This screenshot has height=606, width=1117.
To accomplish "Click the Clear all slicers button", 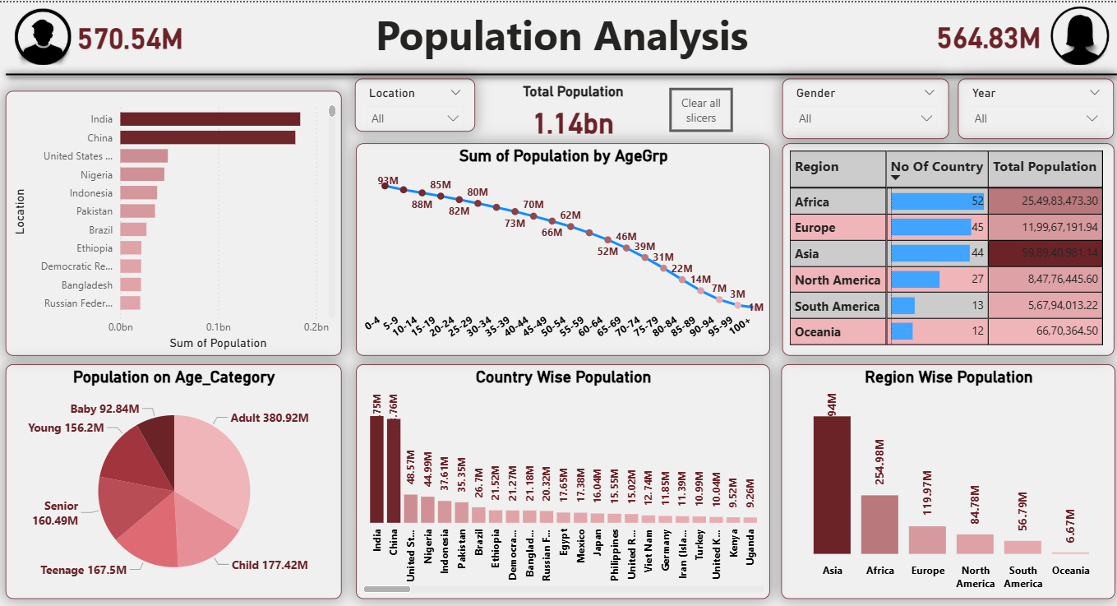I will tap(700, 110).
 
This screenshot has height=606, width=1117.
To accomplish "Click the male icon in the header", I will tap(42, 38).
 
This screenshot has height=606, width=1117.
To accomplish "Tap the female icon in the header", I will tap(1079, 37).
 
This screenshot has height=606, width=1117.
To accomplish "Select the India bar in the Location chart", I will tap(210, 119).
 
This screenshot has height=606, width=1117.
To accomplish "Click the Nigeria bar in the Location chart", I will tap(142, 174).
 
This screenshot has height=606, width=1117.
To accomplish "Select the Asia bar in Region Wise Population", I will tap(832, 484).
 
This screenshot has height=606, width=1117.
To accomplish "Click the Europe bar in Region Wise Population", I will tap(927, 539).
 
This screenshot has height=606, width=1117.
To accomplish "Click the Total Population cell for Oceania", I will tap(1045, 331).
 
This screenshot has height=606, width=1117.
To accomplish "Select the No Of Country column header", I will tap(937, 167).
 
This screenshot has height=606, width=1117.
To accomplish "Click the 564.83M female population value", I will tap(988, 38).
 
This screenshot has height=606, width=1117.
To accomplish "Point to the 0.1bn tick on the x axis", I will tap(218, 326).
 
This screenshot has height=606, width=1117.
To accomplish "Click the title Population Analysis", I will tap(561, 37).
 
